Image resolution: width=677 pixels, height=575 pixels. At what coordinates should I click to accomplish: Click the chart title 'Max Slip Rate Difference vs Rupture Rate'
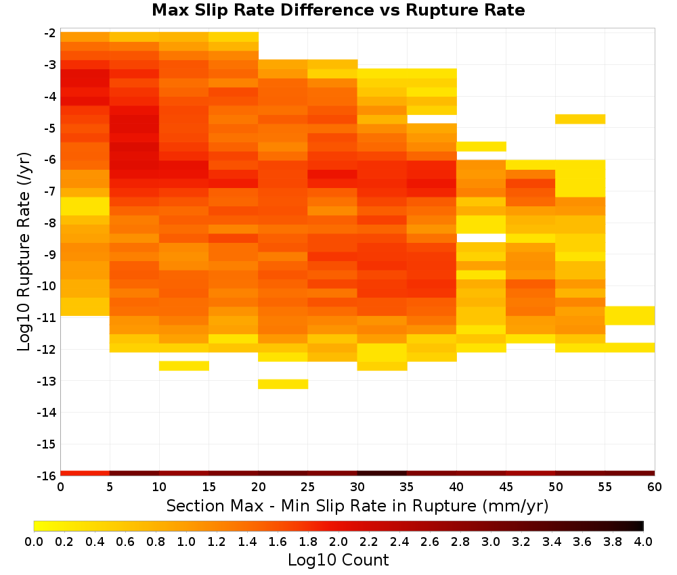(338, 10)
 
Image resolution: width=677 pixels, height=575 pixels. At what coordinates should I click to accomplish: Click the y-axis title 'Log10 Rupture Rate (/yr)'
(24, 252)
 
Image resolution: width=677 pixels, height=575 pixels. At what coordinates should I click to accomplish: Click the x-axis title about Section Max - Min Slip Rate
(357, 505)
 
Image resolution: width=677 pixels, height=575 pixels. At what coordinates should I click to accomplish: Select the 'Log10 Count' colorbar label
(338, 560)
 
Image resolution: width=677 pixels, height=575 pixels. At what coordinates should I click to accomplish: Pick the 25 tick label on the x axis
(307, 487)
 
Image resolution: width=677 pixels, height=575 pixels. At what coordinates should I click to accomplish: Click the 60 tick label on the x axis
(655, 487)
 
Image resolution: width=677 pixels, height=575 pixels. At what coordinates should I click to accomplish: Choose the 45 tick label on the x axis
(506, 487)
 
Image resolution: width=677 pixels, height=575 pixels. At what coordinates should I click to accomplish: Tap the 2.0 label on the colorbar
(338, 541)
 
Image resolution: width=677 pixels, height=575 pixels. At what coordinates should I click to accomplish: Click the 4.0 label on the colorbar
(643, 541)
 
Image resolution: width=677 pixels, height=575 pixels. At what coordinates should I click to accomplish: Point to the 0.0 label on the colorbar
(34, 541)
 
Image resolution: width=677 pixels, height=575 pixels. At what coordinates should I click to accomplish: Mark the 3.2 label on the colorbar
(521, 541)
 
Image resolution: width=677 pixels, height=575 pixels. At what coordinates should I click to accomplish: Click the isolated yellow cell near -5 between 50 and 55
(580, 119)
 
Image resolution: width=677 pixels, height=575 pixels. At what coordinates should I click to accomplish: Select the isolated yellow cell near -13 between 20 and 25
(283, 384)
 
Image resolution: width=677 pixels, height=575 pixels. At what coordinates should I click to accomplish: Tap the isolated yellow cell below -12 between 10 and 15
(184, 366)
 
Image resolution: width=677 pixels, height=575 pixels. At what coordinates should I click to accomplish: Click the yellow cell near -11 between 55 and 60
(630, 315)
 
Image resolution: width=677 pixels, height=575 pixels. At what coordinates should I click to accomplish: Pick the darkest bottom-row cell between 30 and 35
(382, 474)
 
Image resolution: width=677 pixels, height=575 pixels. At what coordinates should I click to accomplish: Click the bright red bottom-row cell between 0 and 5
(85, 474)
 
